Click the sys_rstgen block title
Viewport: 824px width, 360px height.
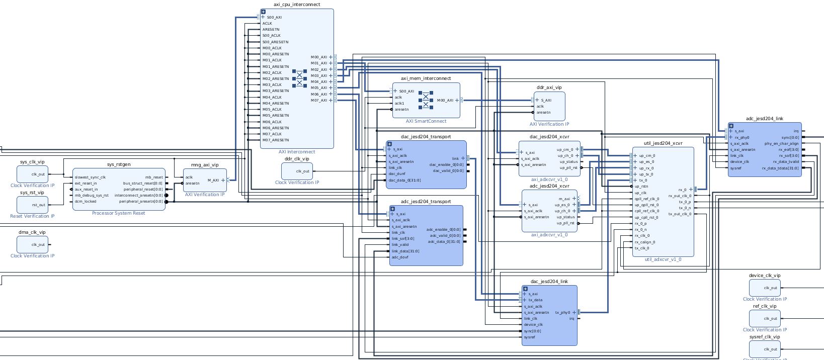(119, 164)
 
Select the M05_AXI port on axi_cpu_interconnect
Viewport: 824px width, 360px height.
(319, 88)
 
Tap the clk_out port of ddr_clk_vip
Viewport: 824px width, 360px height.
(303, 171)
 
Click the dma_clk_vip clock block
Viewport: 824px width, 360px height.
(33, 244)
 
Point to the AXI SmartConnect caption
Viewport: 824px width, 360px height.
(426, 121)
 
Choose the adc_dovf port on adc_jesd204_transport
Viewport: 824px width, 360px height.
(400, 257)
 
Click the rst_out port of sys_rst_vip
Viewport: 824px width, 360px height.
(38, 205)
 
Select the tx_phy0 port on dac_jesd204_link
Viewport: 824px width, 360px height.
(562, 313)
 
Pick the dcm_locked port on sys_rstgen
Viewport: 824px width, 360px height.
(85, 201)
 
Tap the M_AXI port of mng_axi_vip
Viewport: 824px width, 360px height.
(213, 180)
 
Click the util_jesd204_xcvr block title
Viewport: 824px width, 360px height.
(663, 143)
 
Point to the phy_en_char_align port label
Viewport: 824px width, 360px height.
(781, 143)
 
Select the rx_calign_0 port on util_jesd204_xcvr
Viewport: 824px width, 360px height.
(645, 242)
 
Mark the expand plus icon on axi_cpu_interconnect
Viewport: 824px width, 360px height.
(263, 12)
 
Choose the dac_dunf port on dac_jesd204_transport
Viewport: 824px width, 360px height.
(397, 174)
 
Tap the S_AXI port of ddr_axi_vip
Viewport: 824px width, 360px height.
(546, 100)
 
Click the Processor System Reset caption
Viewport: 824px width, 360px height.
(119, 213)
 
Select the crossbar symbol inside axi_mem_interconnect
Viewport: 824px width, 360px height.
(426, 100)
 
